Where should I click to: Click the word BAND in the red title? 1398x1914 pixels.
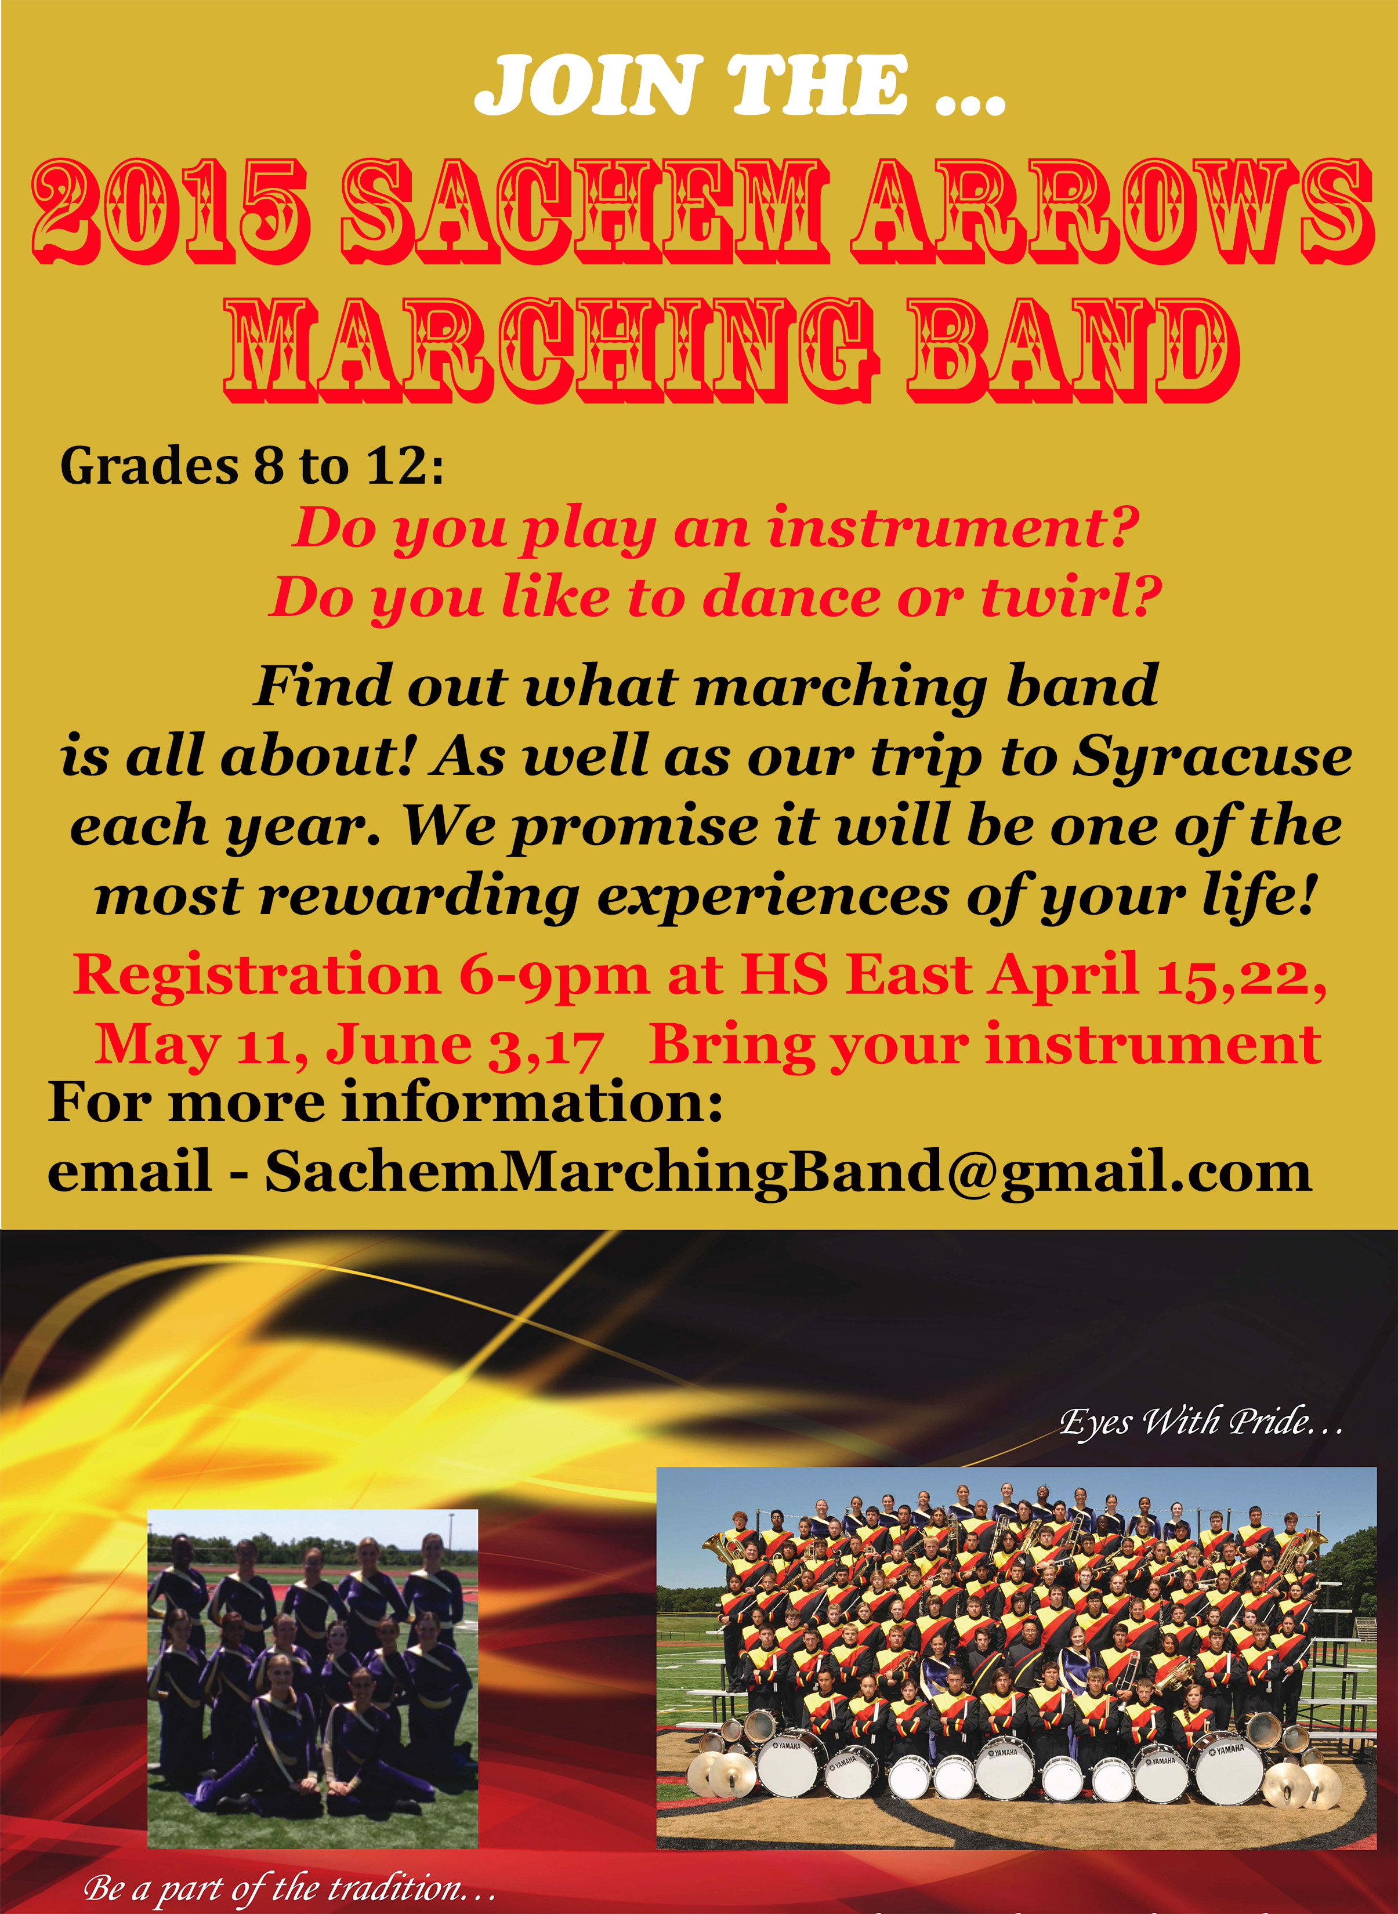point(1074,350)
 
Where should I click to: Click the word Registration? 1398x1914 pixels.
point(257,976)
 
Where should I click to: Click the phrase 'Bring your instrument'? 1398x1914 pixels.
point(985,1046)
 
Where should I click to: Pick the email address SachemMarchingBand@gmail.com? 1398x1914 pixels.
point(788,1173)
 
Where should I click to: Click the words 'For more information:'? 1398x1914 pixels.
point(386,1103)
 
